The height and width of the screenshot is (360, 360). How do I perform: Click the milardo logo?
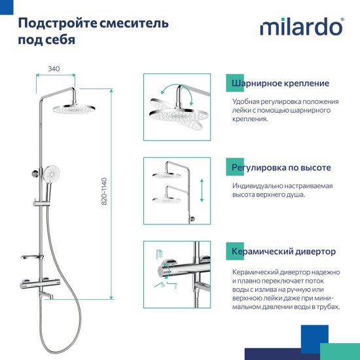[300, 27]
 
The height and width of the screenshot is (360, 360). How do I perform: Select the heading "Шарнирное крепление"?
[280, 84]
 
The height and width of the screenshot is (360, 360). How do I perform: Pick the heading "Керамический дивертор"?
[283, 251]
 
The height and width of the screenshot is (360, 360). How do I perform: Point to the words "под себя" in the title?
[46, 40]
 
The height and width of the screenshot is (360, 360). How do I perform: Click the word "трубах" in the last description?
[325, 306]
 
